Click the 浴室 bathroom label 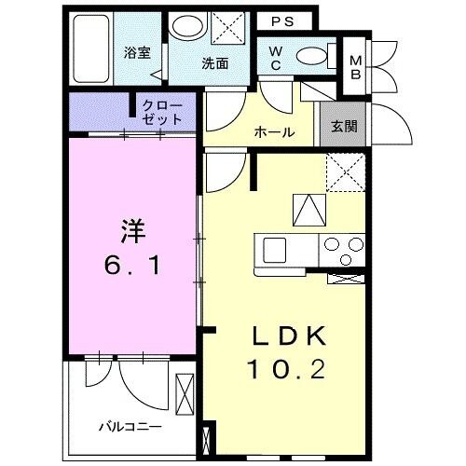click(137, 53)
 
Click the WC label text click(277, 59)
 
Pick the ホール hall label click(275, 132)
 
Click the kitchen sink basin click(276, 250)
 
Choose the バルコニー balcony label click(130, 426)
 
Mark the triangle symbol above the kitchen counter click(307, 209)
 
